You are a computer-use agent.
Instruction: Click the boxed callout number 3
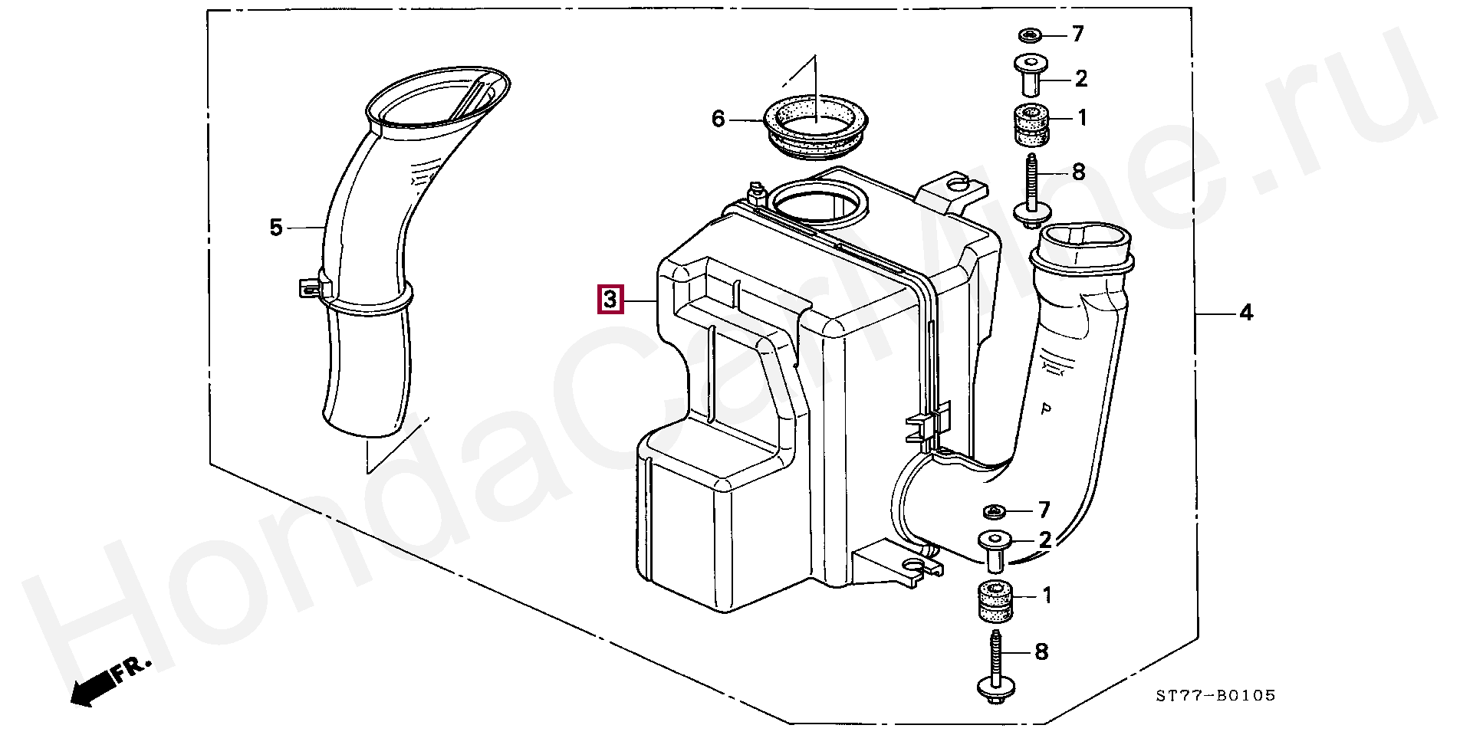(610, 300)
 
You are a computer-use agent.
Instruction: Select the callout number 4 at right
(1246, 313)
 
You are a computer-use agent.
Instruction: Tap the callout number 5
(276, 227)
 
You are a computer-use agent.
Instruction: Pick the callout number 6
(718, 120)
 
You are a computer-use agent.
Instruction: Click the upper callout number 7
(1078, 34)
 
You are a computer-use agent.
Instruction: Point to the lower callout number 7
(1044, 510)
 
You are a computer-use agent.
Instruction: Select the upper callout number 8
(1078, 172)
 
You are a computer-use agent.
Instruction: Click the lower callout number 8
(1041, 652)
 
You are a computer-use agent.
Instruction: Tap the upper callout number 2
(1081, 78)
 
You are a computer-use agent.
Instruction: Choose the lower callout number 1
(1047, 596)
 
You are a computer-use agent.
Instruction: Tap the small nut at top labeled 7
(1028, 34)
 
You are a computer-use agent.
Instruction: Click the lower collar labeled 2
(995, 550)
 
